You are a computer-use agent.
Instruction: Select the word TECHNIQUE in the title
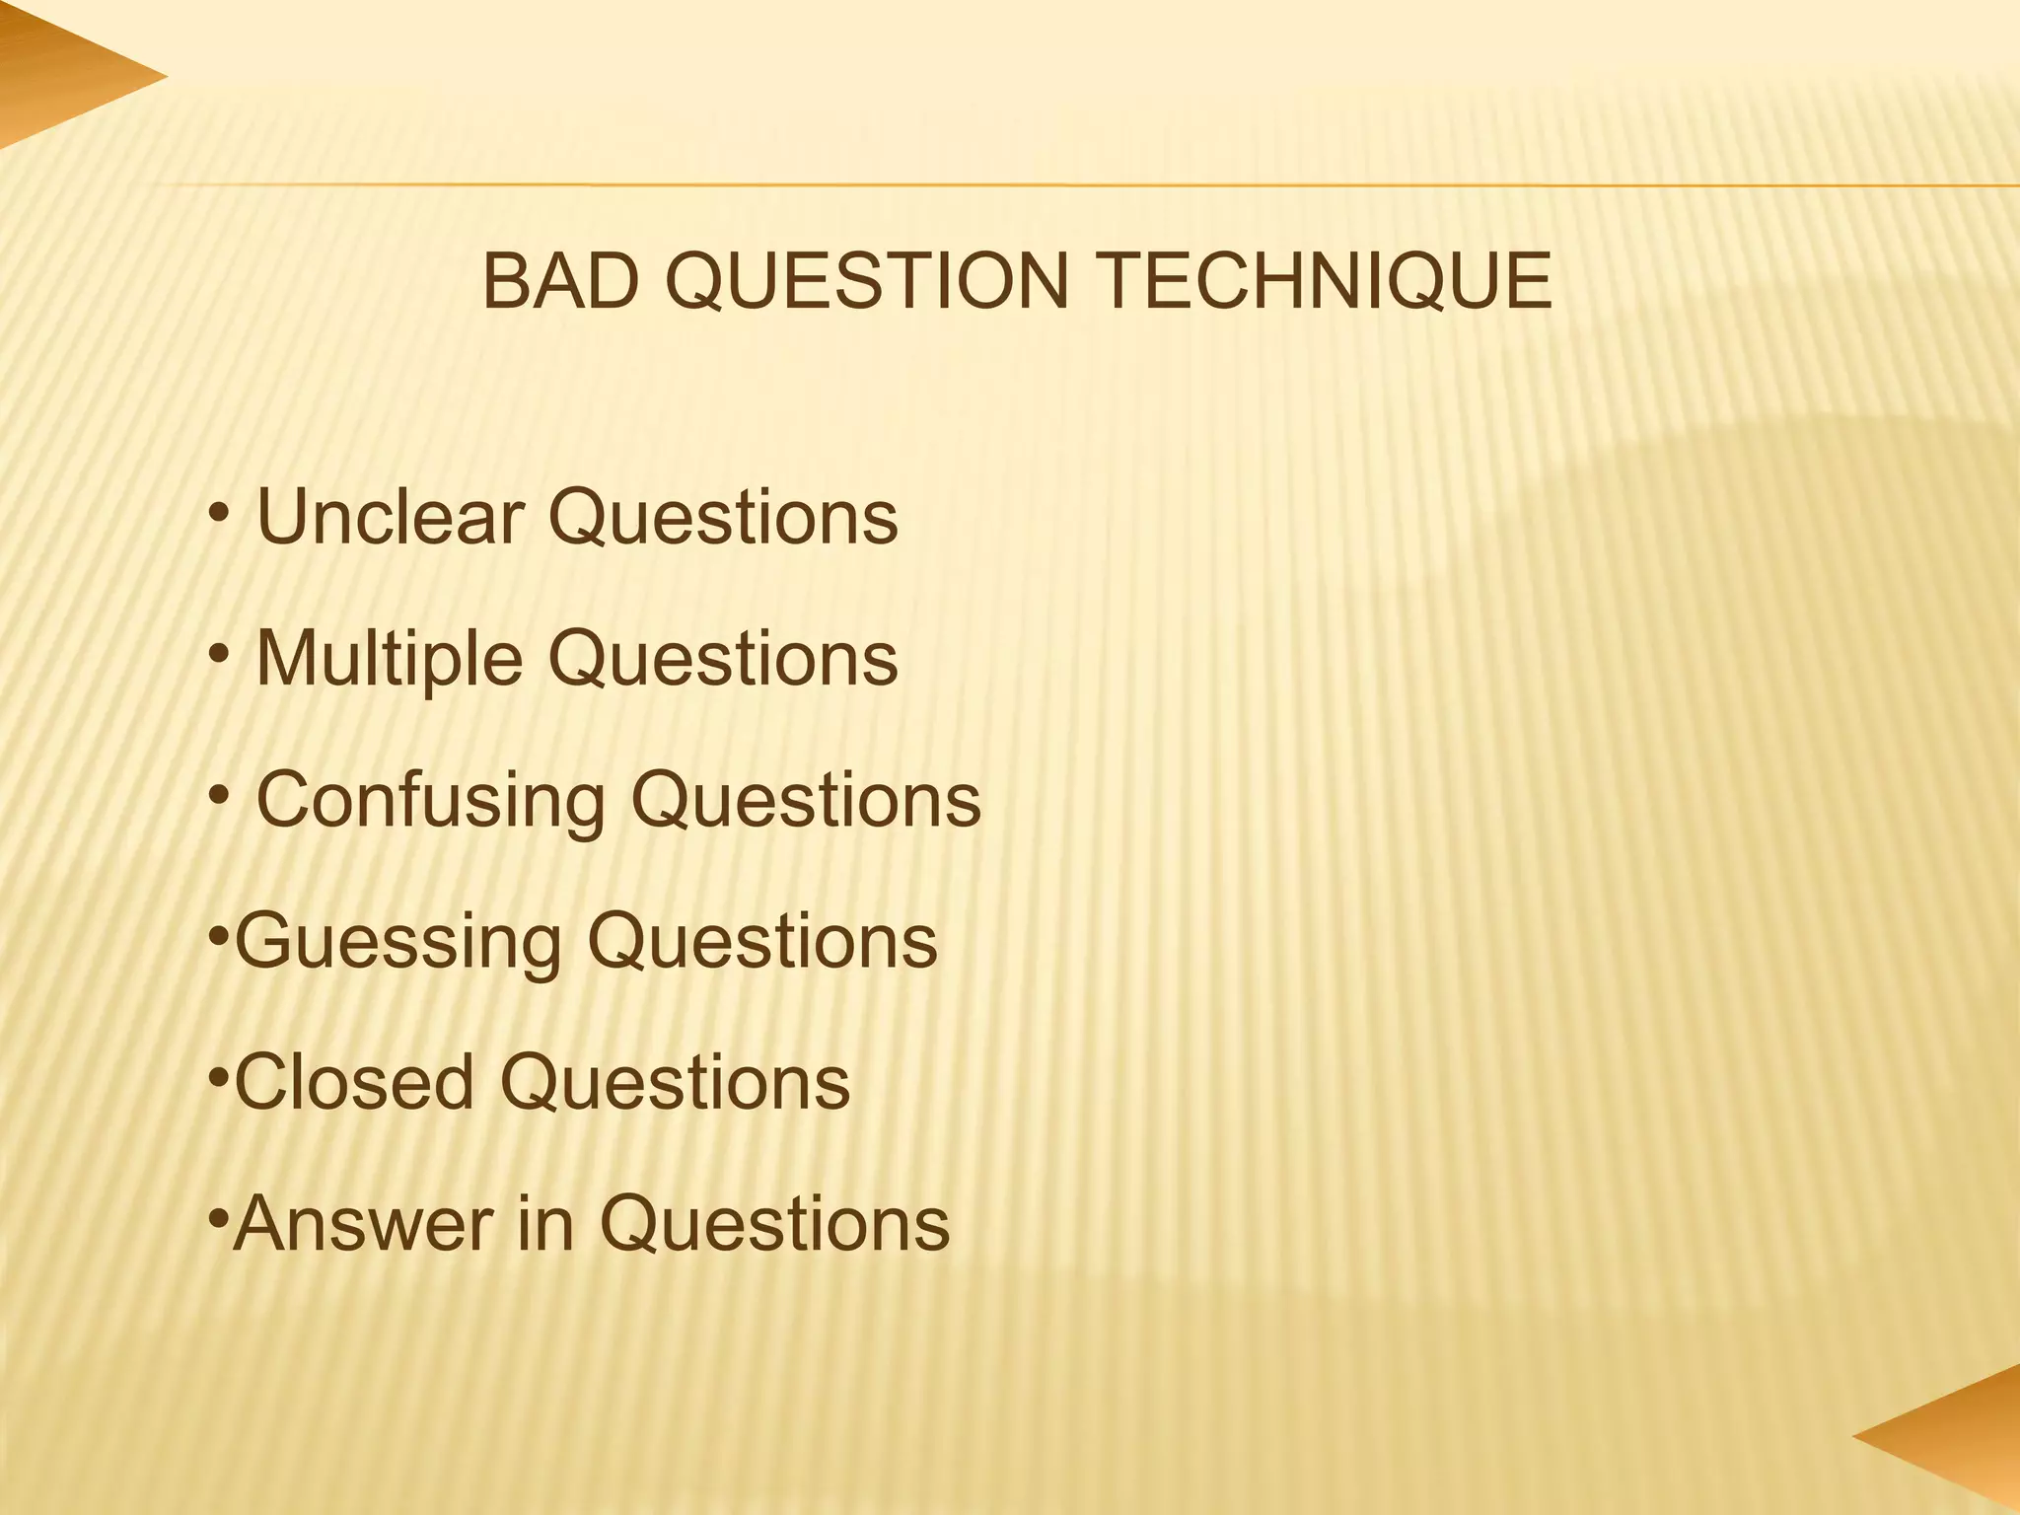pyautogui.click(x=1325, y=282)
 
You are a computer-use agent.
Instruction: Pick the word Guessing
pyautogui.click(x=398, y=941)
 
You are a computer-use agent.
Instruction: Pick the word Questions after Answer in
pyautogui.click(x=775, y=1223)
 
